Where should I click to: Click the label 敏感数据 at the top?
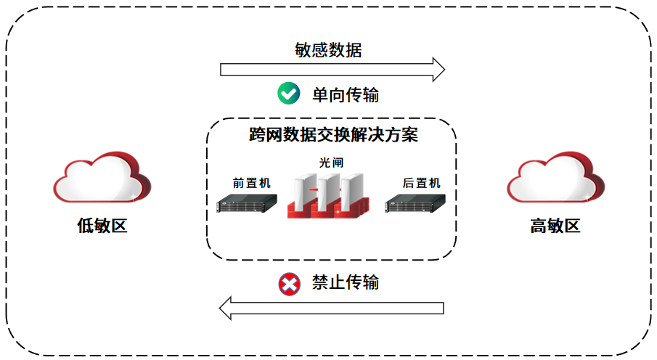click(328, 50)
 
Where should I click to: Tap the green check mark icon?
click(288, 94)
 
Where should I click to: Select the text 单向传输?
click(346, 94)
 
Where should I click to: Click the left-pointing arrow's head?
click(227, 308)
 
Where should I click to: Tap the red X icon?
click(288, 284)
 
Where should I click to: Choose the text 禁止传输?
click(346, 282)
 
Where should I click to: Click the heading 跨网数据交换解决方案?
click(333, 135)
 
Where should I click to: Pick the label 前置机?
click(247, 183)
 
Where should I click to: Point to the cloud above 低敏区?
click(102, 178)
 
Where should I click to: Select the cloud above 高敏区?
click(555, 178)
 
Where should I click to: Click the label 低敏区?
click(102, 226)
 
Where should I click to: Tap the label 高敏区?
click(555, 226)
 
